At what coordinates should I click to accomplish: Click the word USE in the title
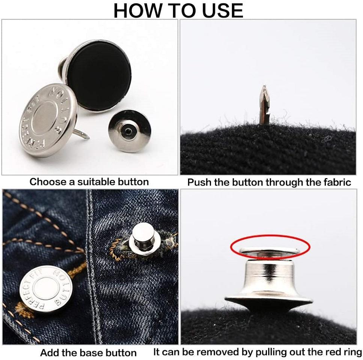click(x=223, y=10)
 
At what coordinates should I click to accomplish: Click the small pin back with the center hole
click(x=130, y=131)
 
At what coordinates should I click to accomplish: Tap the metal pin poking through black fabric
click(x=264, y=105)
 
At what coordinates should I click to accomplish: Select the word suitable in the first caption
click(x=96, y=182)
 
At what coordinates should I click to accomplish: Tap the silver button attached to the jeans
click(x=46, y=289)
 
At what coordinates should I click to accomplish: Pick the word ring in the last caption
click(x=352, y=352)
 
